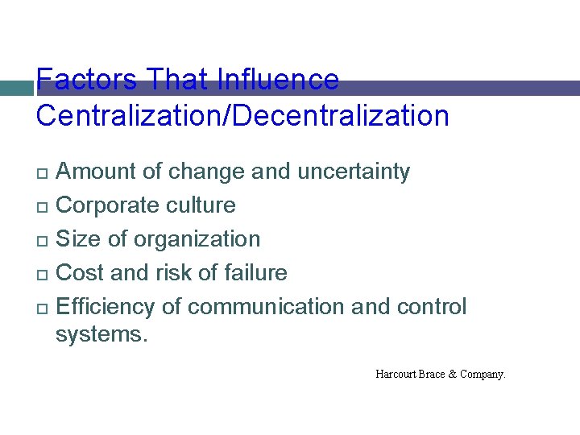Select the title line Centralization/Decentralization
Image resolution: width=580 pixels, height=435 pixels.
click(x=242, y=116)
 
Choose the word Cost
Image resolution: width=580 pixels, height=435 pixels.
click(x=80, y=273)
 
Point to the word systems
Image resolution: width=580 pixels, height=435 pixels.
click(x=101, y=335)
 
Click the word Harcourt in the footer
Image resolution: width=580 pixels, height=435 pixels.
click(x=396, y=374)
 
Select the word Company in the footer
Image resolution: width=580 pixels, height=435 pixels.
click(x=482, y=374)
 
